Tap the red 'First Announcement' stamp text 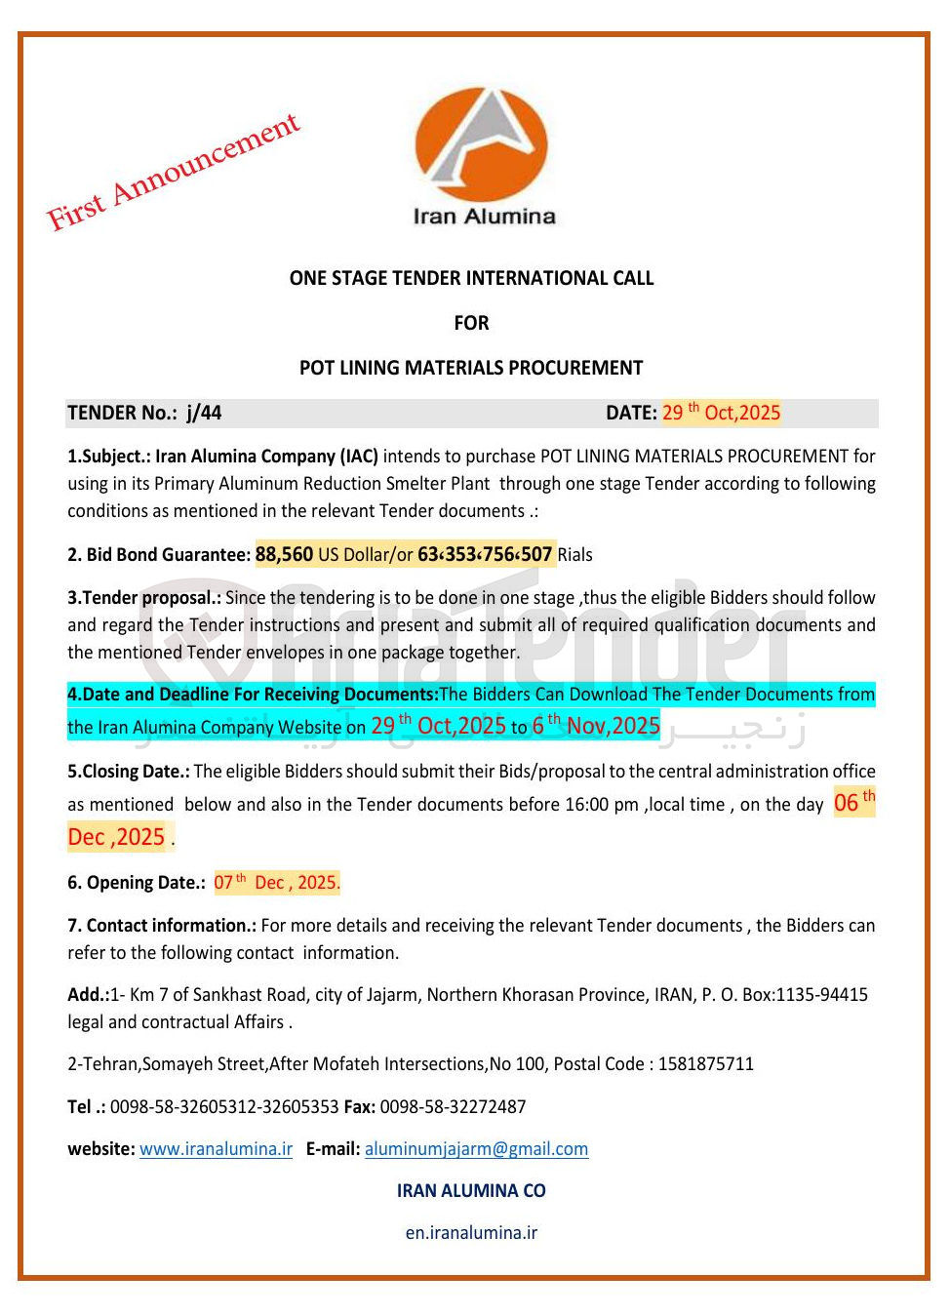(x=173, y=173)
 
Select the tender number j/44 (x=204, y=413)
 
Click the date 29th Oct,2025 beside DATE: (x=721, y=413)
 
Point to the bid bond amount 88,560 (x=284, y=554)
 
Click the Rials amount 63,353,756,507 (x=485, y=554)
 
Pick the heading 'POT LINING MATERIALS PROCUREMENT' (x=471, y=368)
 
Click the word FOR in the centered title (x=471, y=323)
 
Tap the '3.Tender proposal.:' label (x=144, y=597)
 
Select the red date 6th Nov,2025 (x=596, y=726)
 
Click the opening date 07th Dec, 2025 (x=277, y=883)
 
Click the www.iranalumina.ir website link (x=216, y=1148)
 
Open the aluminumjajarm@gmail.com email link (x=476, y=1148)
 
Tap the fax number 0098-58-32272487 (x=453, y=1106)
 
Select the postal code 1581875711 (x=705, y=1063)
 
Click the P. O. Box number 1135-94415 (x=821, y=994)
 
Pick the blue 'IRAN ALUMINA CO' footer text (x=471, y=1190)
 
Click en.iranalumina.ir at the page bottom (x=471, y=1232)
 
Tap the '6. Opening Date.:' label (x=137, y=883)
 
